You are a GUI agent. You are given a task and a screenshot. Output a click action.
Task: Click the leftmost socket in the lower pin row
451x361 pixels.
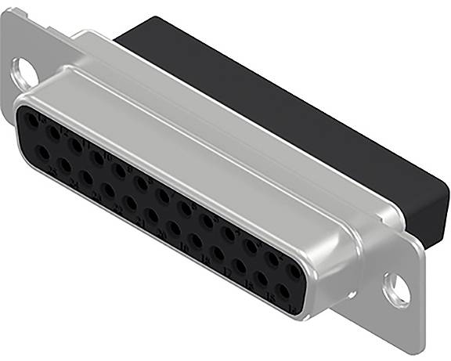coord(41,153)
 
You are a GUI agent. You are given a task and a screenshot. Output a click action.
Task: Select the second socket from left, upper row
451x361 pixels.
coord(52,133)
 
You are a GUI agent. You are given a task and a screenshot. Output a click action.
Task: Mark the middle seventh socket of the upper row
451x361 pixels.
coord(163,196)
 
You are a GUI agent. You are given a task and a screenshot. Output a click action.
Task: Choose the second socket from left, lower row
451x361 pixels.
coord(63,165)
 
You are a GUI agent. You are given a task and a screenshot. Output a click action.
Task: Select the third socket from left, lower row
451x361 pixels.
coord(85,178)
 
